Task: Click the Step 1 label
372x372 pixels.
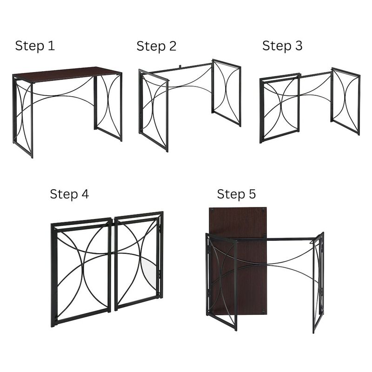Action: (x=35, y=46)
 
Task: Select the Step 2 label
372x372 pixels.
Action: (x=156, y=46)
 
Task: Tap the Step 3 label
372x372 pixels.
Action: (x=282, y=46)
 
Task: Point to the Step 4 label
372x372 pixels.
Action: (x=69, y=194)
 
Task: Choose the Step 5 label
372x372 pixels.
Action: (x=236, y=194)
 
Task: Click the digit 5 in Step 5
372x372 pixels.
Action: (x=252, y=194)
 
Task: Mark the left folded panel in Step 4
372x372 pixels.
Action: (x=81, y=272)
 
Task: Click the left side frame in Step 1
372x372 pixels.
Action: (x=23, y=116)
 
